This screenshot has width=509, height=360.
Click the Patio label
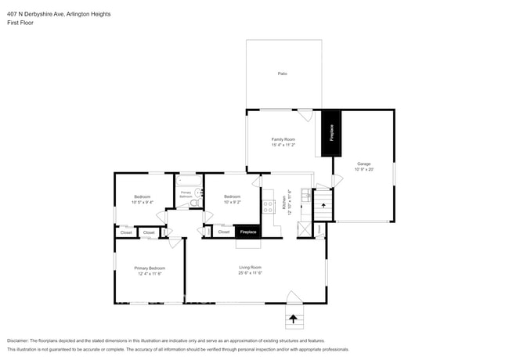tap(282, 74)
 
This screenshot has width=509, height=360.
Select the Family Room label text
tap(283, 139)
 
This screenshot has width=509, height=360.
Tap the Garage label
tap(364, 164)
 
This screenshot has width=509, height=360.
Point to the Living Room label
tap(250, 268)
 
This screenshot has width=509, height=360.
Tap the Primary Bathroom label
tap(186, 193)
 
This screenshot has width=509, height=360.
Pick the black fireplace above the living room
tap(247, 232)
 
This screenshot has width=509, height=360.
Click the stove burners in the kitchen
tap(269, 207)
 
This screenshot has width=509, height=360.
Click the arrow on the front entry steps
tap(294, 318)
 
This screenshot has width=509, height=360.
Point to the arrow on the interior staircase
tap(323, 205)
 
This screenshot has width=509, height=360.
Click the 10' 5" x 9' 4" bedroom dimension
tap(142, 201)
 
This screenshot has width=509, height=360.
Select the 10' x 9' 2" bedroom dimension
tap(233, 201)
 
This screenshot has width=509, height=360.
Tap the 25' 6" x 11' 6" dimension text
tap(250, 273)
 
